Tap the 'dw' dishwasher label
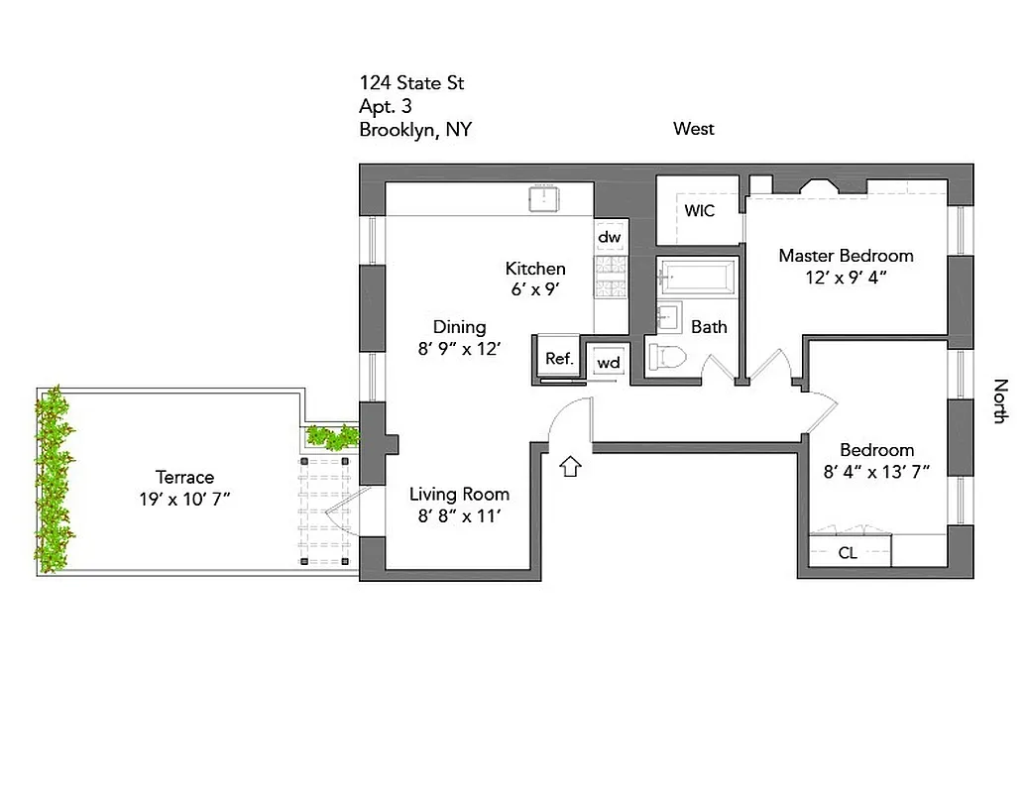(609, 238)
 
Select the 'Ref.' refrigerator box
(559, 358)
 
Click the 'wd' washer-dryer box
(608, 362)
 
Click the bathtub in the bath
(699, 278)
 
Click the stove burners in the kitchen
(610, 278)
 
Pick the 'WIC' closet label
(699, 211)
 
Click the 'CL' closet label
(848, 553)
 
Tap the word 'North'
(1000, 400)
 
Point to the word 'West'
(693, 129)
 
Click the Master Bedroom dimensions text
(846, 279)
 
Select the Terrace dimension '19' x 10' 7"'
(184, 500)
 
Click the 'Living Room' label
(460, 494)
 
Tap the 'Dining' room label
(460, 327)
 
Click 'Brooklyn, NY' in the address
(414, 130)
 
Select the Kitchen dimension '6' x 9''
(535, 289)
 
